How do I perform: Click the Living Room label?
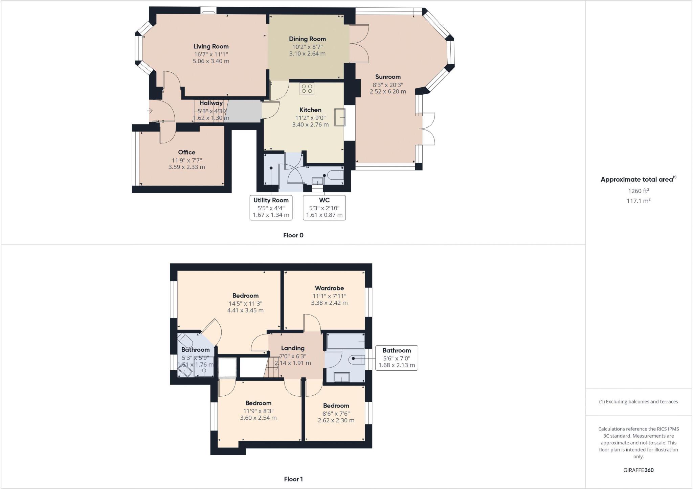coord(211,46)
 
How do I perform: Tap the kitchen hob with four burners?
coord(307,89)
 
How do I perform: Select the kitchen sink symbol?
coord(339,117)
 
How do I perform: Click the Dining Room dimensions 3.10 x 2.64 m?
coord(307,53)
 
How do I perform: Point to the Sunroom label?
coord(388,77)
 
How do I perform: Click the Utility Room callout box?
coord(271,208)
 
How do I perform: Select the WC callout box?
coord(324,208)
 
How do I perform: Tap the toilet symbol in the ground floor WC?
coord(337,175)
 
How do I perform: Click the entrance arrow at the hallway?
coord(150,111)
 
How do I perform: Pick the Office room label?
coord(186,152)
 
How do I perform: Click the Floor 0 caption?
coord(293,235)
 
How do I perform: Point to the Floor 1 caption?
coord(293,479)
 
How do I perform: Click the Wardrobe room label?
coord(329,288)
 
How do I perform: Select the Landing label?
coord(293,348)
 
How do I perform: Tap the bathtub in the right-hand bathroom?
coord(345,342)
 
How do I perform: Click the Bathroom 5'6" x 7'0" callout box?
coord(397,358)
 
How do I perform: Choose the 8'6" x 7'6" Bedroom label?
coord(336,406)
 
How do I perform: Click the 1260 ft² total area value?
coord(638,191)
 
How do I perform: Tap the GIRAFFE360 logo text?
coord(638,470)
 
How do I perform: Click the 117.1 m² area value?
coord(638,201)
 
